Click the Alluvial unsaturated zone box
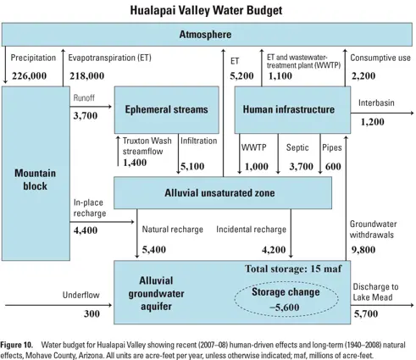(222, 193)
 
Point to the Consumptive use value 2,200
(367, 75)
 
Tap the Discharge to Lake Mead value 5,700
(369, 314)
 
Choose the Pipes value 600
(333, 166)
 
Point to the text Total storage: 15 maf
(289, 269)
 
